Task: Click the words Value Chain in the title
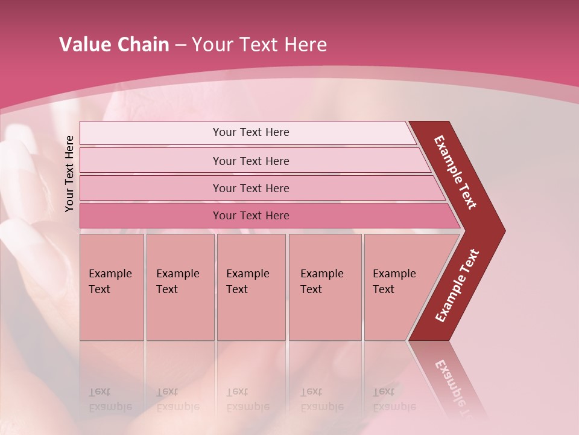pyautogui.click(x=114, y=45)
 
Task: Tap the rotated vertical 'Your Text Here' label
pyautogui.click(x=69, y=173)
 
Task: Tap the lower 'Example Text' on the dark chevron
pyautogui.click(x=457, y=286)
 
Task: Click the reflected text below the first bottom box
pyautogui.click(x=110, y=399)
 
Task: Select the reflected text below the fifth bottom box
pyautogui.click(x=394, y=399)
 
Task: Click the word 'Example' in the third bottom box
pyautogui.click(x=247, y=274)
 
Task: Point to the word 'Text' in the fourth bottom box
pyautogui.click(x=311, y=289)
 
